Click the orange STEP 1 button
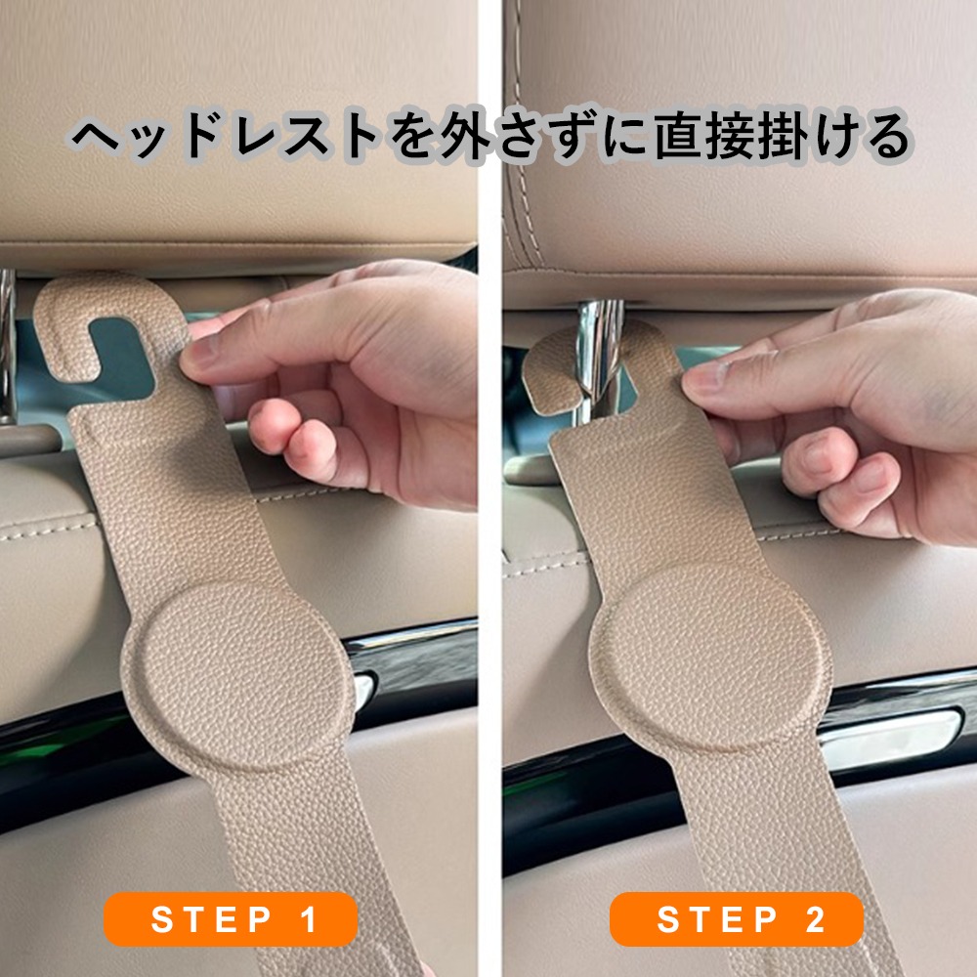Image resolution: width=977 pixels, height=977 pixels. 231,919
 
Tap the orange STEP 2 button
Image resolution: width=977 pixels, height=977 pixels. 736,919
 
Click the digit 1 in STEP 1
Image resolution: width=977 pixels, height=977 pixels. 309,919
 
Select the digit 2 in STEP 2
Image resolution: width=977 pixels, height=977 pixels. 815,919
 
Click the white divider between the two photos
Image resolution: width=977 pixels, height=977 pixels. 489,488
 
